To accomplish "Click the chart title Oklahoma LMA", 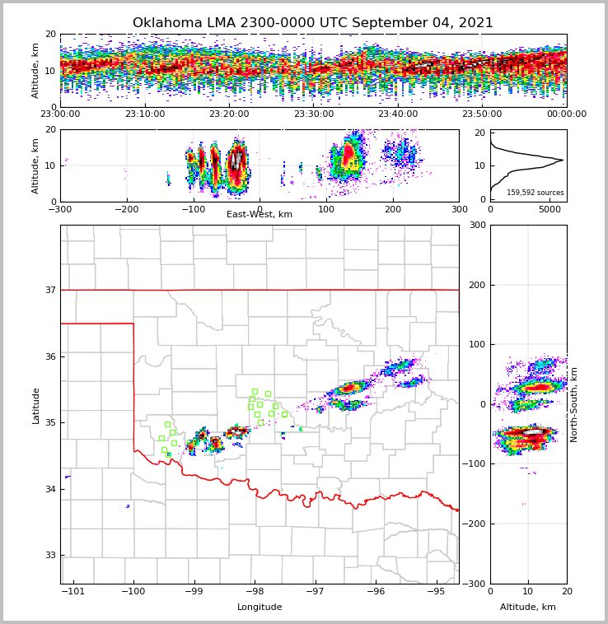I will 312,23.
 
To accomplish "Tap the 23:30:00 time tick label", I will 313,114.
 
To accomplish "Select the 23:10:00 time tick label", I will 144,114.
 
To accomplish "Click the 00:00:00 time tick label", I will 566,114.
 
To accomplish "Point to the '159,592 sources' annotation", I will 535,193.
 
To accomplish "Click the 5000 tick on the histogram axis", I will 550,209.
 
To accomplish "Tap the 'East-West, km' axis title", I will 260,215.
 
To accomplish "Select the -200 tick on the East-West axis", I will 126,209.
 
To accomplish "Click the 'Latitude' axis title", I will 35,405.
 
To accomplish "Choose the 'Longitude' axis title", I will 260,608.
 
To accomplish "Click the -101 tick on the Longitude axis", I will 73,591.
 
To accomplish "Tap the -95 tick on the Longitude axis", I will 436,591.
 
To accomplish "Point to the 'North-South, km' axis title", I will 574,404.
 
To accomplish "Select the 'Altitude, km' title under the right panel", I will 528,608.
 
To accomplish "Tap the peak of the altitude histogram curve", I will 563,160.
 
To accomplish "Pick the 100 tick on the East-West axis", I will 326,209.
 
